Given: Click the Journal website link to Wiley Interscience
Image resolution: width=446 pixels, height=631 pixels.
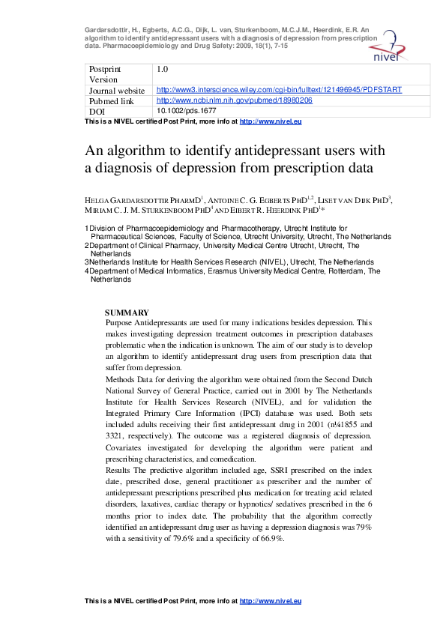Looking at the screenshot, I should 279,90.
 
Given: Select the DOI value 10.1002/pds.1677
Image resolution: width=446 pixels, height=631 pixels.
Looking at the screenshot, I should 182,111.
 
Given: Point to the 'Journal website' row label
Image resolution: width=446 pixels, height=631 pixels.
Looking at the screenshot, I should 117,90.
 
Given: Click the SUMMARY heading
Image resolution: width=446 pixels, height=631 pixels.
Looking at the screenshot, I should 127,313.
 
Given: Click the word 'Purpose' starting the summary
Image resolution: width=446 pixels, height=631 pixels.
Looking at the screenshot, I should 122,322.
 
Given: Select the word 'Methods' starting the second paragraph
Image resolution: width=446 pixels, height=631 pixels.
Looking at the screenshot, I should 122,380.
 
